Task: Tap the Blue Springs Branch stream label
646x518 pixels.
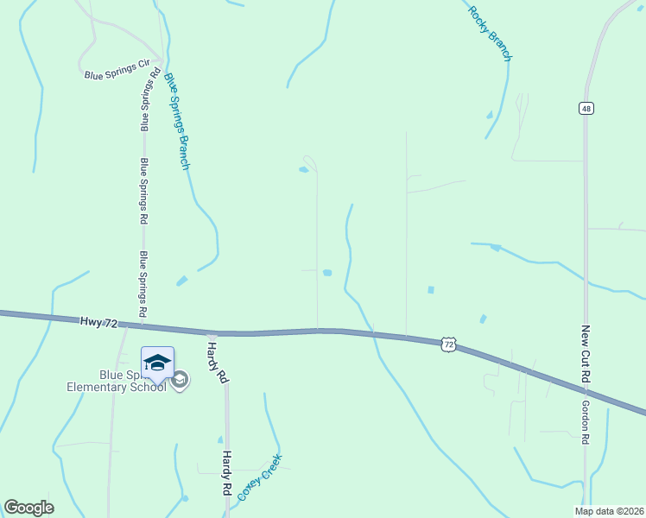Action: click(x=177, y=121)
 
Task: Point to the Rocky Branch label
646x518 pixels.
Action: click(x=491, y=34)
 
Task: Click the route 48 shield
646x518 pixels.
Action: click(x=587, y=108)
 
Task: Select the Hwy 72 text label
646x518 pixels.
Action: click(x=98, y=321)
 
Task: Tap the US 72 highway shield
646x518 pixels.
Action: click(x=447, y=344)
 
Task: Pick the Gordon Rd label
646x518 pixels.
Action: click(x=586, y=422)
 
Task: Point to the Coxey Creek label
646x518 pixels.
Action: click(x=260, y=477)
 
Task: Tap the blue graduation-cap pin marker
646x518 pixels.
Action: click(x=158, y=363)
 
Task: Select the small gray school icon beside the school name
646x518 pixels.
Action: click(x=180, y=381)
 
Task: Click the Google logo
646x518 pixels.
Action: click(x=28, y=508)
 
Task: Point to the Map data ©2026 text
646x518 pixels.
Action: click(x=609, y=511)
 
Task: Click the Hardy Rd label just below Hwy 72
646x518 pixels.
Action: click(x=217, y=362)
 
